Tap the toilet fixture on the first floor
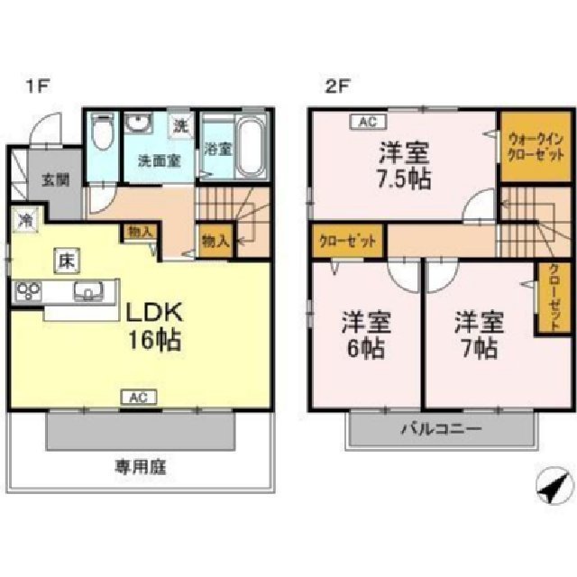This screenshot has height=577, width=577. tap(102, 139)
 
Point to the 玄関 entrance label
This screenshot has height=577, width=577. tap(52, 179)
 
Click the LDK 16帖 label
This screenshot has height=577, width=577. tap(154, 326)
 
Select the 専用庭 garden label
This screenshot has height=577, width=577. tap(141, 467)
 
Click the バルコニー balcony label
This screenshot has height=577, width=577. tap(441, 429)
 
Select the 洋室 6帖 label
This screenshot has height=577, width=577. tap(364, 334)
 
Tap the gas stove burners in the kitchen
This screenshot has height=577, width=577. tap(29, 290)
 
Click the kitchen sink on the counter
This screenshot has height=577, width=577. tap(88, 290)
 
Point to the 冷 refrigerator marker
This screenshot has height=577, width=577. tap(28, 219)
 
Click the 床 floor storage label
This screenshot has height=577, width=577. tap(67, 261)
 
